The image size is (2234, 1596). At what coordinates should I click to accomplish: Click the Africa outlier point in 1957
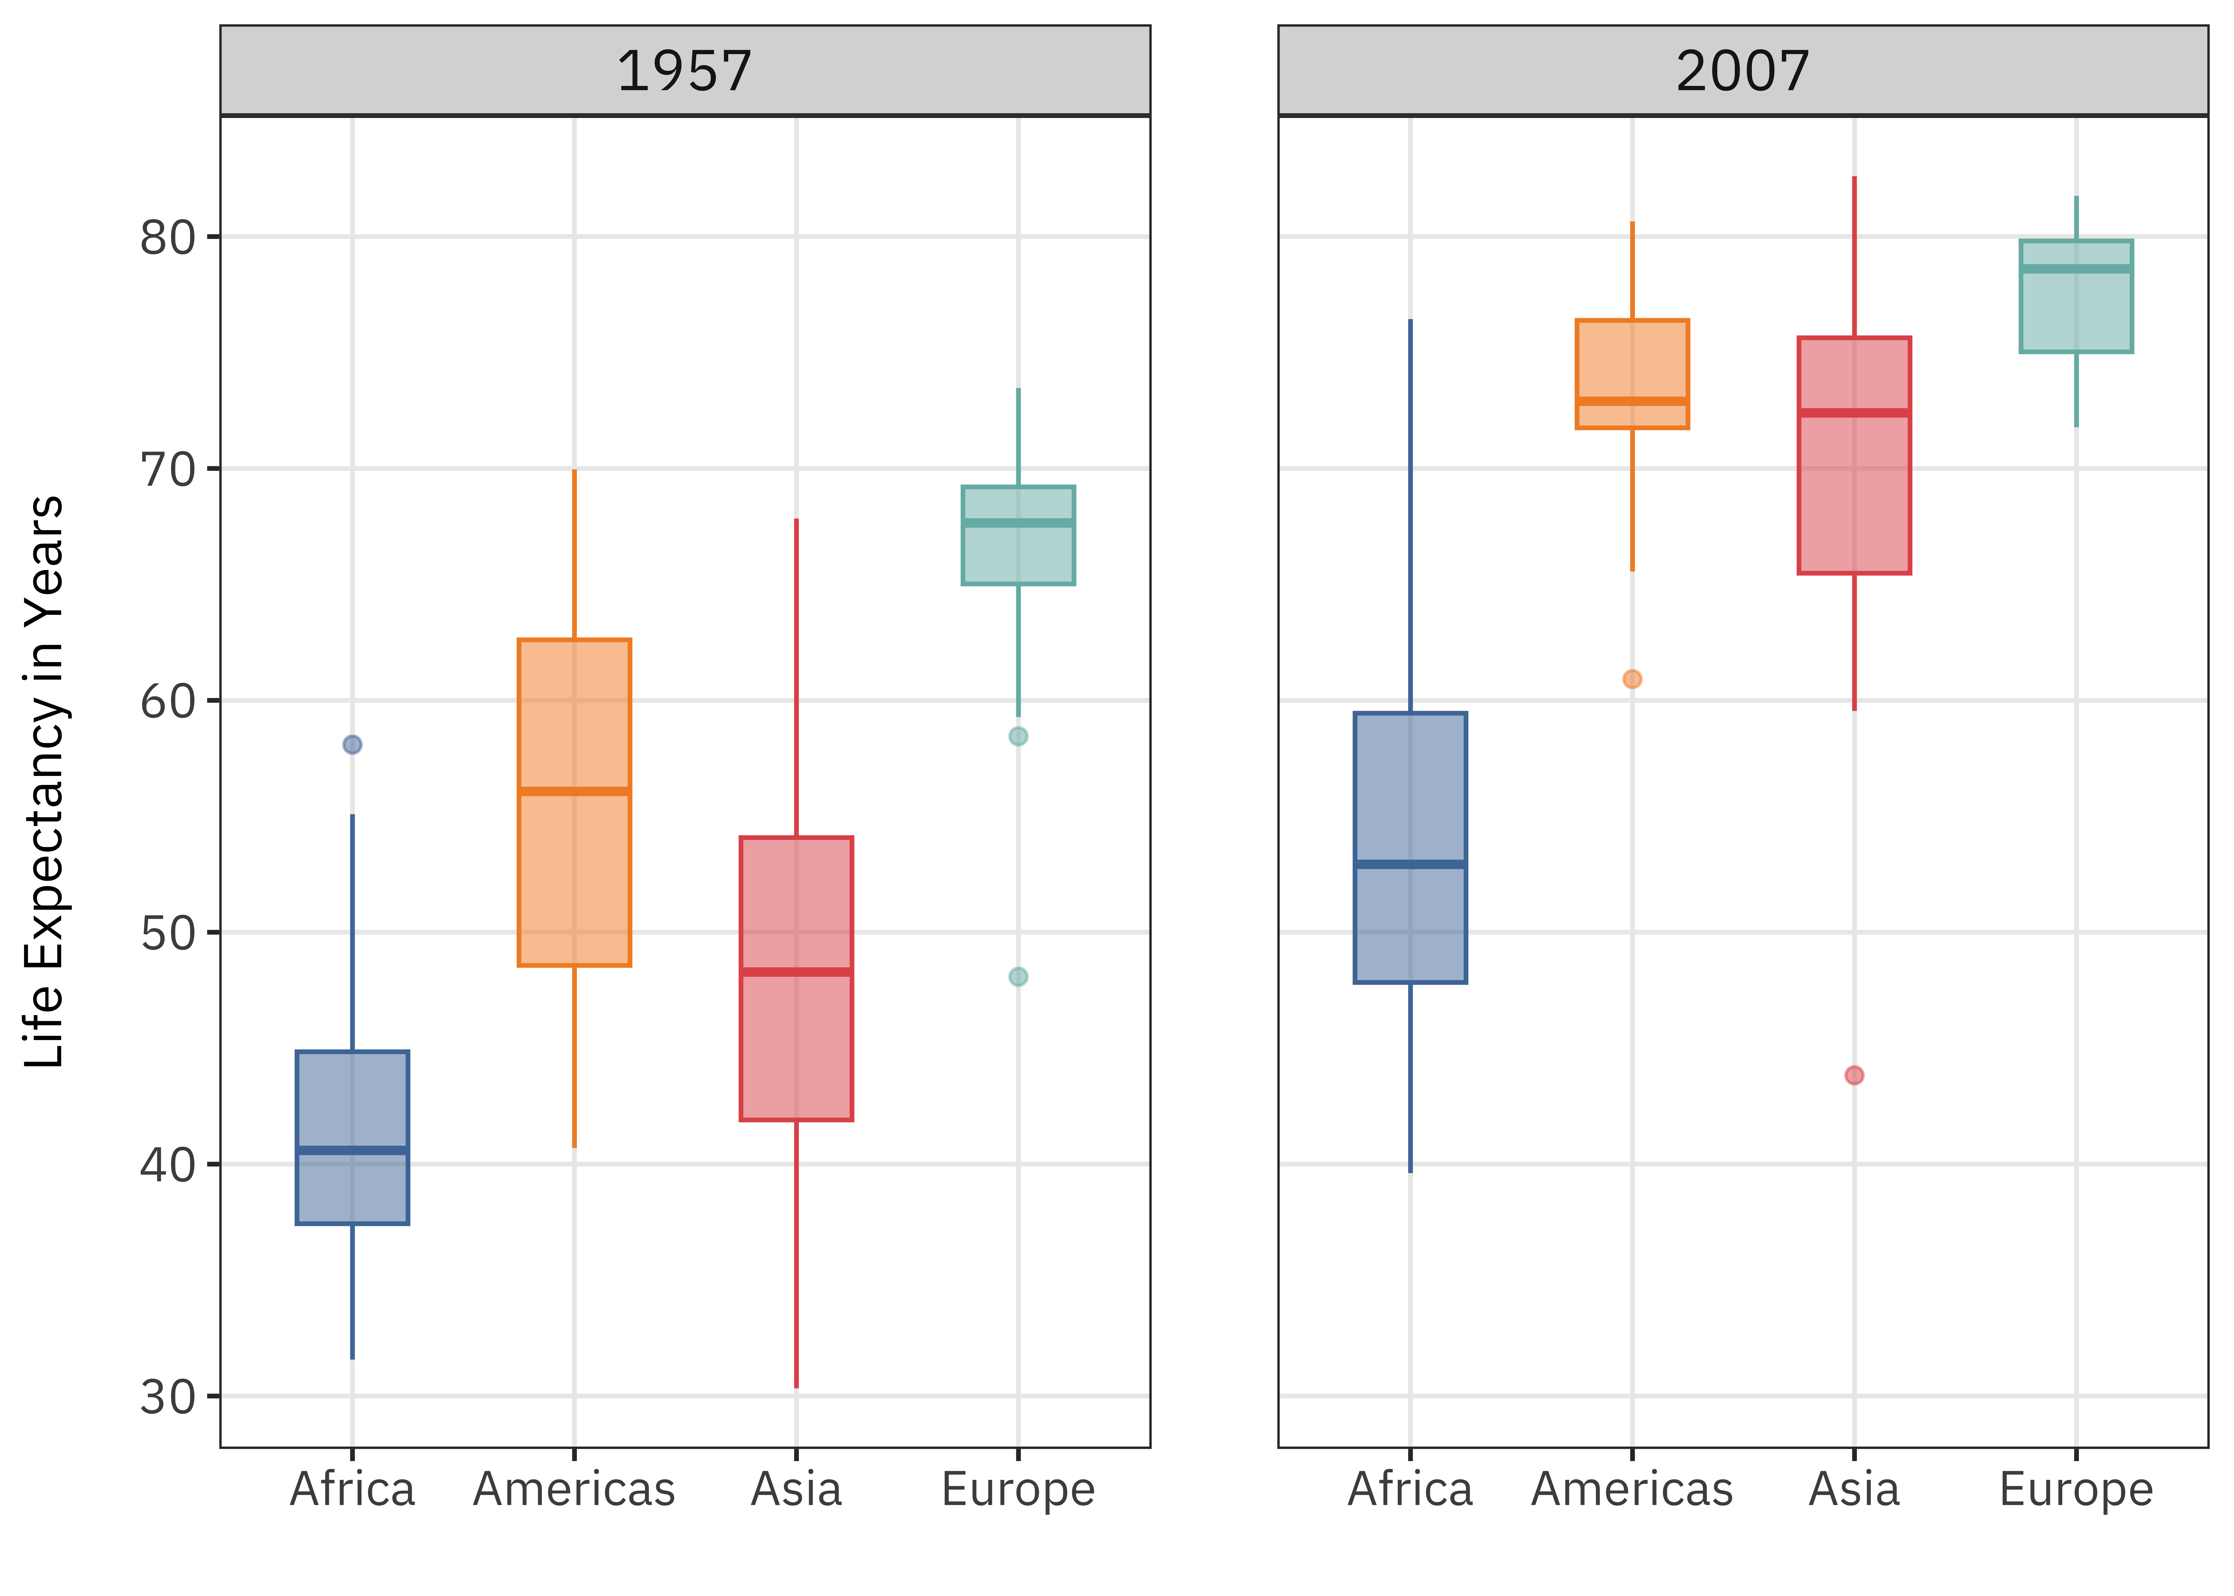353,745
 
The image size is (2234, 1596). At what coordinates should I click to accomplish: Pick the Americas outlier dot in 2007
1632,679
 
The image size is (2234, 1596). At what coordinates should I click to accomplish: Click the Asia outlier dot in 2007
1854,1075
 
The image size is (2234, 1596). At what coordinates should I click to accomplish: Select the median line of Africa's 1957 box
353,1150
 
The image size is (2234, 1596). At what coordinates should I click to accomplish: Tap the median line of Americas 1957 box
575,791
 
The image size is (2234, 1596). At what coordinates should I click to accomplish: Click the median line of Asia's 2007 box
1854,413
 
